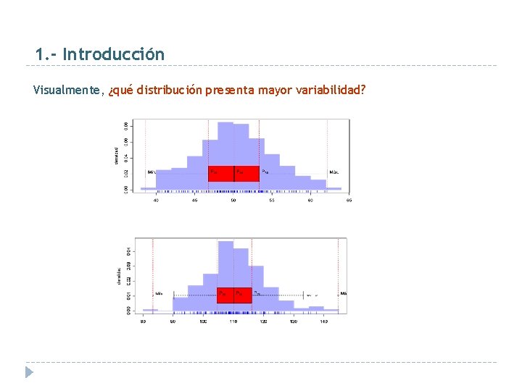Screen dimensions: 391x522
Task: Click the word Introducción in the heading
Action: pos(113,54)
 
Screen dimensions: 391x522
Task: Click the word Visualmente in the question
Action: pos(69,91)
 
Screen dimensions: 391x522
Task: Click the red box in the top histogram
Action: pos(233,173)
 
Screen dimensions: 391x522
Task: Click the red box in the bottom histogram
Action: pos(233,295)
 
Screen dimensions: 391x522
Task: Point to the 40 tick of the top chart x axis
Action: pos(157,200)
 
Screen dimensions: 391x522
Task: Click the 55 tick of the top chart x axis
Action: pos(272,200)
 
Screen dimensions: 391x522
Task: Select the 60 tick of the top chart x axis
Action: pos(310,200)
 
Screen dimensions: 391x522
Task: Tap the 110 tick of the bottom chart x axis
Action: pos(233,321)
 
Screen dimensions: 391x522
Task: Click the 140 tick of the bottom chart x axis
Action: pos(323,321)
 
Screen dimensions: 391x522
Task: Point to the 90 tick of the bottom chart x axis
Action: pos(173,321)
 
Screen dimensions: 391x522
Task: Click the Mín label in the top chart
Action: pos(152,172)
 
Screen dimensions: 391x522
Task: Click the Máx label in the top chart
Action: pos(334,172)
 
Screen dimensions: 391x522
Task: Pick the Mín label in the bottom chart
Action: pos(159,294)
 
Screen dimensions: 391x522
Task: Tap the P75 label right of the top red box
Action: pos(265,172)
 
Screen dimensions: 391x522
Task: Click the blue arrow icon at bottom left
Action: pos(28,372)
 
